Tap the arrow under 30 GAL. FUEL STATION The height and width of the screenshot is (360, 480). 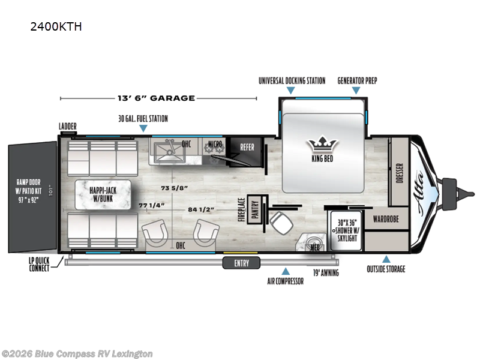click(142, 128)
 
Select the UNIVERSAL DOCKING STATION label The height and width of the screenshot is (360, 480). click(292, 81)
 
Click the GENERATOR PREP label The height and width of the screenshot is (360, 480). click(357, 81)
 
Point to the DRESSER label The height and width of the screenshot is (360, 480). click(400, 173)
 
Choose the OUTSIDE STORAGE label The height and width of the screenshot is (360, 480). click(386, 269)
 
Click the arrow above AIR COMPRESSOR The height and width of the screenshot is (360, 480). click(286, 271)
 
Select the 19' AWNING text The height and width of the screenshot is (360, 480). click(326, 273)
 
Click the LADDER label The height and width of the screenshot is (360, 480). click(67, 126)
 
